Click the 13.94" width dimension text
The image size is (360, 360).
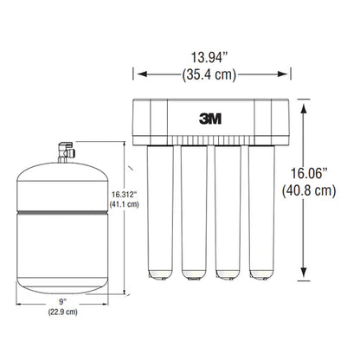pos(212,59)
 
